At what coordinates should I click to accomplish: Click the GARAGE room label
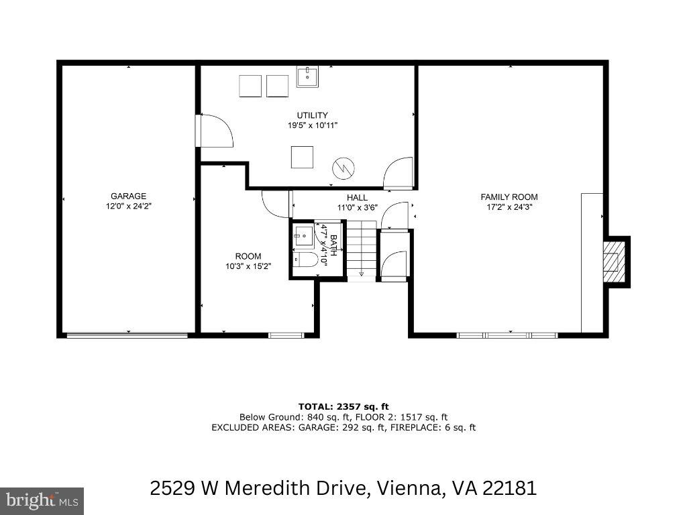pyautogui.click(x=128, y=196)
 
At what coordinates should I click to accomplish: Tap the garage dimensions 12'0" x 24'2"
pyautogui.click(x=128, y=207)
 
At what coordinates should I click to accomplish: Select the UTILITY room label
pyautogui.click(x=313, y=115)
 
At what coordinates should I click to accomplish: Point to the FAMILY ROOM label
pyautogui.click(x=509, y=197)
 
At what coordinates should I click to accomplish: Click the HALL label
pyautogui.click(x=357, y=198)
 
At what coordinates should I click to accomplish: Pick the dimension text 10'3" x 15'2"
pyautogui.click(x=248, y=267)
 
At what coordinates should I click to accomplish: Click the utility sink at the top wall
pyautogui.click(x=308, y=76)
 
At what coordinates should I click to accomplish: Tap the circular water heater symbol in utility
pyautogui.click(x=343, y=168)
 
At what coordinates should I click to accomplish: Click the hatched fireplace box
pyautogui.click(x=613, y=262)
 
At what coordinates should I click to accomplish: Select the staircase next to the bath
pyautogui.click(x=361, y=251)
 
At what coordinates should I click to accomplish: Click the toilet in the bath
pyautogui.click(x=305, y=261)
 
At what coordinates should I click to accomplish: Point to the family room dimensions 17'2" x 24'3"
pyautogui.click(x=509, y=207)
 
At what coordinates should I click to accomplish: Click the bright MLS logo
pyautogui.click(x=42, y=500)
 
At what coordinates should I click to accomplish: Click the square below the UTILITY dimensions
pyautogui.click(x=302, y=157)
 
